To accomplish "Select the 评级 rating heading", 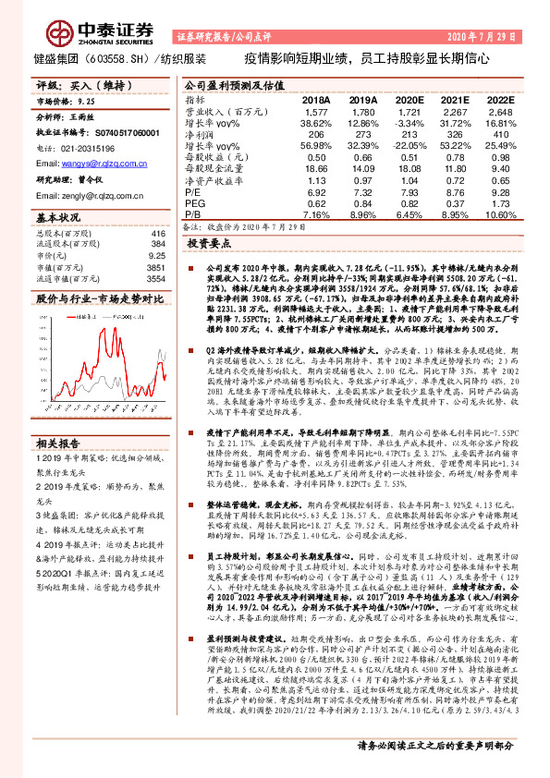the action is pyautogui.click(x=47, y=84).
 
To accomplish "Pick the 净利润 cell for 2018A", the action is pyautogui.click(x=315, y=134).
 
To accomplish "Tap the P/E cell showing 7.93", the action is pyautogui.click(x=407, y=192).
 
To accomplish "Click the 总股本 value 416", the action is pyautogui.click(x=156, y=235).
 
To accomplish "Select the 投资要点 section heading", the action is pyautogui.click(x=209, y=243).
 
